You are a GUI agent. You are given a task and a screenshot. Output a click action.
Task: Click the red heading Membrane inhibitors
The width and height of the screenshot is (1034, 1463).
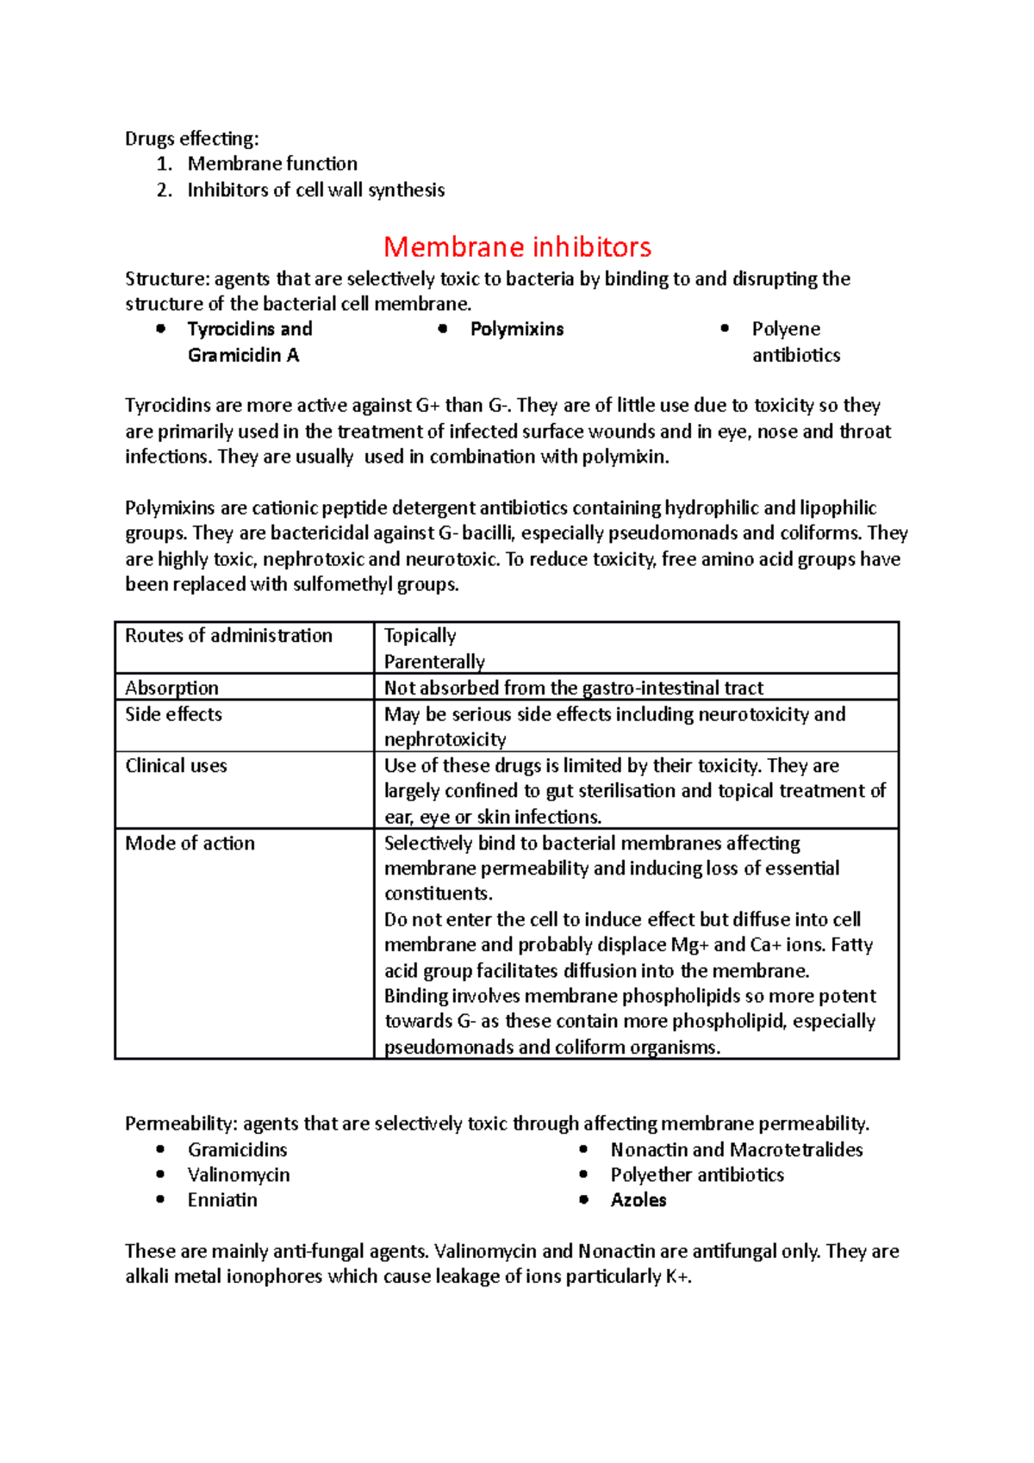point(517,247)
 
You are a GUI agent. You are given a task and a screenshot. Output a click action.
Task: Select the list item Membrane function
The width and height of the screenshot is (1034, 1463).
point(272,164)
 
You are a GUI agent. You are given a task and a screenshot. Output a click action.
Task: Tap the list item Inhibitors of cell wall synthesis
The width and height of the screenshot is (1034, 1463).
point(315,190)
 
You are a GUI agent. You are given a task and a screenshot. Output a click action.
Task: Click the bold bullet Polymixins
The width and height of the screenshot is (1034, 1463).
point(517,329)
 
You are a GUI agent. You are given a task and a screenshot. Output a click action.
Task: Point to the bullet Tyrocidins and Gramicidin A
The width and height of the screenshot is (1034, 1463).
point(249,341)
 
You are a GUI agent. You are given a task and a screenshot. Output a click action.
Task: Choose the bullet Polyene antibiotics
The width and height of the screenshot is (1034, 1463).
point(794,341)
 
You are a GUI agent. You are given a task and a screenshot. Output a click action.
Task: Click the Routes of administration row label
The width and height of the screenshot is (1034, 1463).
point(228,636)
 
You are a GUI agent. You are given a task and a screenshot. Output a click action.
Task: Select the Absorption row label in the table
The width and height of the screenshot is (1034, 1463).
point(171,688)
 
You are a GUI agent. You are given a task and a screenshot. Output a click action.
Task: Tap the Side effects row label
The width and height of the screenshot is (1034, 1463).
point(173,714)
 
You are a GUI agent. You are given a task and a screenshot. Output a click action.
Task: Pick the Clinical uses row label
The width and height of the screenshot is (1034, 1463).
point(176,766)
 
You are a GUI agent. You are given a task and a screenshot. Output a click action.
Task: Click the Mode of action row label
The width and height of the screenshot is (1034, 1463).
point(190,844)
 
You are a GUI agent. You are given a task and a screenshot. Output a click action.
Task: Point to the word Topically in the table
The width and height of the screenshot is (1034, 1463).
point(420,636)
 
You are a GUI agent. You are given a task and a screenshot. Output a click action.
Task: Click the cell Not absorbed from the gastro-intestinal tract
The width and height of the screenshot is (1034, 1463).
point(573,688)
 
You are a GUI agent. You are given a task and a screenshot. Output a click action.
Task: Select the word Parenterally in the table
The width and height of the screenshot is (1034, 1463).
point(434,662)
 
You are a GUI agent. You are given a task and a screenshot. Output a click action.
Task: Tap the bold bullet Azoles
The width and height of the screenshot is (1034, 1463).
point(638,1200)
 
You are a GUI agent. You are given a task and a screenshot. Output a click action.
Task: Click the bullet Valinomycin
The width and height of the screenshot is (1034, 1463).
point(239,1175)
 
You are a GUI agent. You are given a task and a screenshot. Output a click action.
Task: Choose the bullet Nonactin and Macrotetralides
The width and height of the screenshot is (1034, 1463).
point(736,1149)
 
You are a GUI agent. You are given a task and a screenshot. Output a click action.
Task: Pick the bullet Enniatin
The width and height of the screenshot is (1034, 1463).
point(222,1200)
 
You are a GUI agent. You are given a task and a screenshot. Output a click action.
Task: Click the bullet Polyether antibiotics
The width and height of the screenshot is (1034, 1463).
point(697,1175)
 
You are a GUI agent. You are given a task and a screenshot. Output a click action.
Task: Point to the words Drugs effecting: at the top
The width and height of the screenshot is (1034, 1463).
point(191,139)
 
